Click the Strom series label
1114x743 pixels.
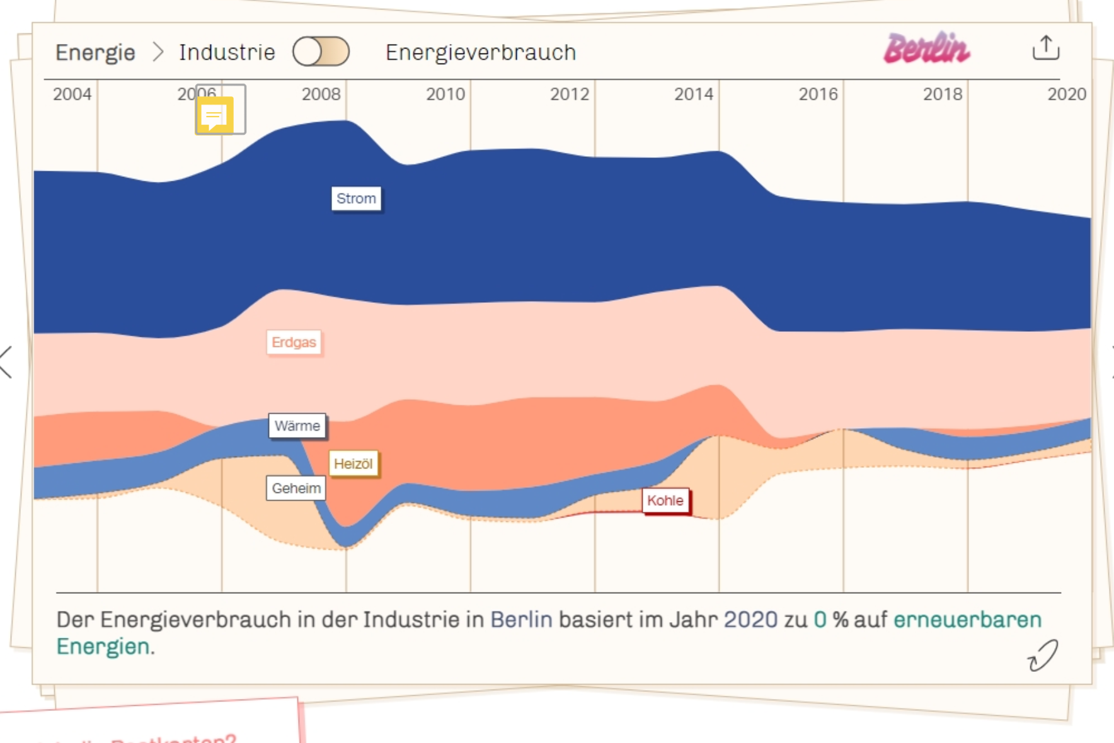coord(356,199)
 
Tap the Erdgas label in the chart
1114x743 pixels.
coord(294,343)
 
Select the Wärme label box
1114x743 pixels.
coord(297,426)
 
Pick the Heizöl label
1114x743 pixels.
coord(353,464)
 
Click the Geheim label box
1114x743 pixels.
coord(296,488)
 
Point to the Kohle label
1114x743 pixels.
coord(665,501)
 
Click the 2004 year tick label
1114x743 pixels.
coord(72,94)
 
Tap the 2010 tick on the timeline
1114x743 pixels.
coord(445,94)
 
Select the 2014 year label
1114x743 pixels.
coord(694,94)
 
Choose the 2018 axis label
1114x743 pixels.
coord(943,94)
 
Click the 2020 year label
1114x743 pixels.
coord(1067,94)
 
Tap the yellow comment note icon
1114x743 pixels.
coord(214,115)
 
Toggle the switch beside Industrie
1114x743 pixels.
coord(321,52)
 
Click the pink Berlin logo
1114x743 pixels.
coord(927,48)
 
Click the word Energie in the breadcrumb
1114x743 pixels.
coord(95,52)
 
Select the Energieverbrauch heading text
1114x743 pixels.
coord(481,52)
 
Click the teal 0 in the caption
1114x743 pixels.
coord(820,620)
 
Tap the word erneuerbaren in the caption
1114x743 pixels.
coord(967,620)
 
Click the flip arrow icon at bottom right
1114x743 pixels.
coord(1043,656)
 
